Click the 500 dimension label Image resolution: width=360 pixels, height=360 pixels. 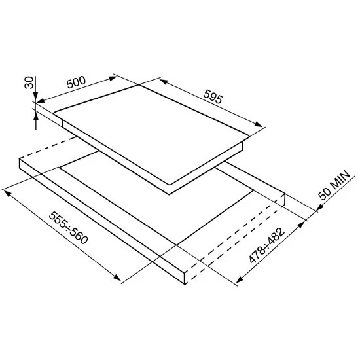76,82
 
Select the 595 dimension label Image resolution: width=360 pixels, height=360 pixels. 213,97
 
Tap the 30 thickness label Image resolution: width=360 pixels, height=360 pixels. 29,82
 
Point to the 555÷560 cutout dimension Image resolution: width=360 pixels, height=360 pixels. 69,228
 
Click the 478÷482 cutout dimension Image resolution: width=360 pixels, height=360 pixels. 267,245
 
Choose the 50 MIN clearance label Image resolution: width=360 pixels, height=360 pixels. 334,185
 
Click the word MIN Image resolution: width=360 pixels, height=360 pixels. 340,179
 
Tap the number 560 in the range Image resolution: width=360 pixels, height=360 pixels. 79,236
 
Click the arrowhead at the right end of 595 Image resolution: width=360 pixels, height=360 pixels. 259,124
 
